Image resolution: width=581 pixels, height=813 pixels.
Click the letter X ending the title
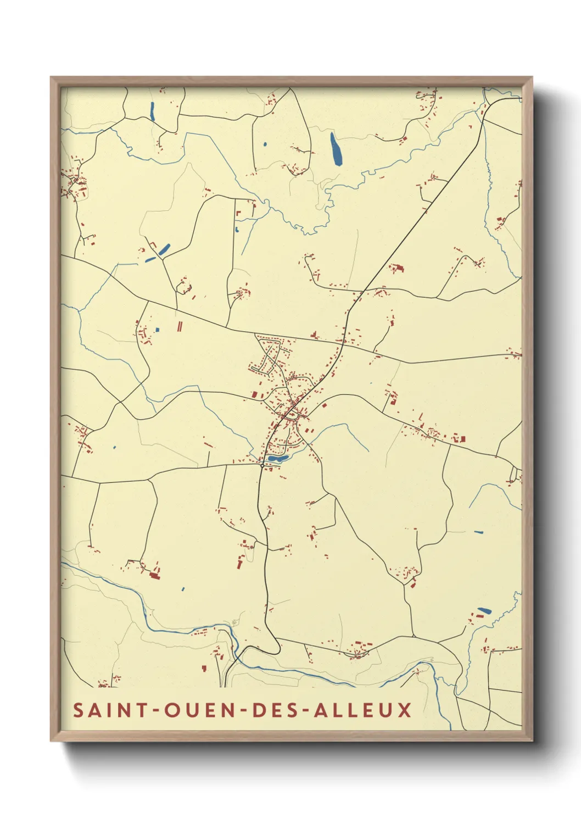[405, 710]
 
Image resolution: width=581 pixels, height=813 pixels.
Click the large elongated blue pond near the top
[335, 148]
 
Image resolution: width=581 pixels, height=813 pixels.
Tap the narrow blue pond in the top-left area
[152, 112]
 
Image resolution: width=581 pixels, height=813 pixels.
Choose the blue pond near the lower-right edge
[484, 610]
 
